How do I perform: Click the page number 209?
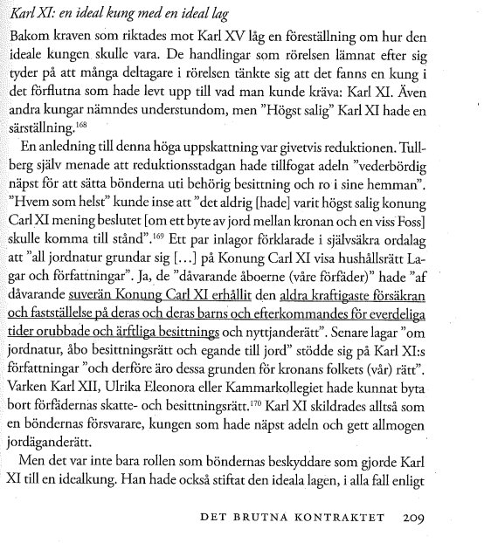[x=414, y=518]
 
